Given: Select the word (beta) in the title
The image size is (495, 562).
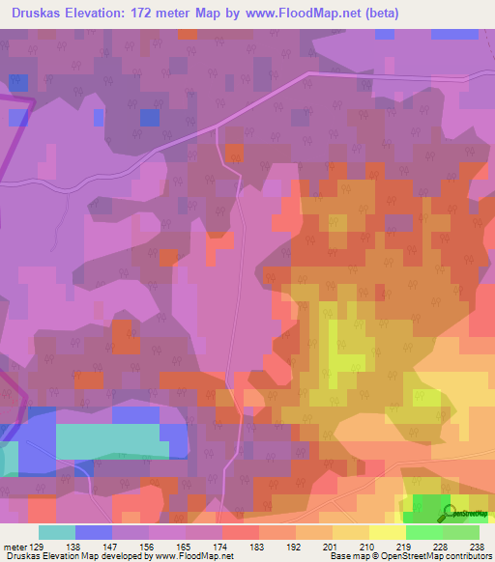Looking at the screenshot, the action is [x=377, y=14].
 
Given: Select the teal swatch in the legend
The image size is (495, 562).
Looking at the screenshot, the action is [x=56, y=532].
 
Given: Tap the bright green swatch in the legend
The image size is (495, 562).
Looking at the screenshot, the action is [x=423, y=532].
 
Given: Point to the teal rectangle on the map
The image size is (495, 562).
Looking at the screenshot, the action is [x=106, y=441].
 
